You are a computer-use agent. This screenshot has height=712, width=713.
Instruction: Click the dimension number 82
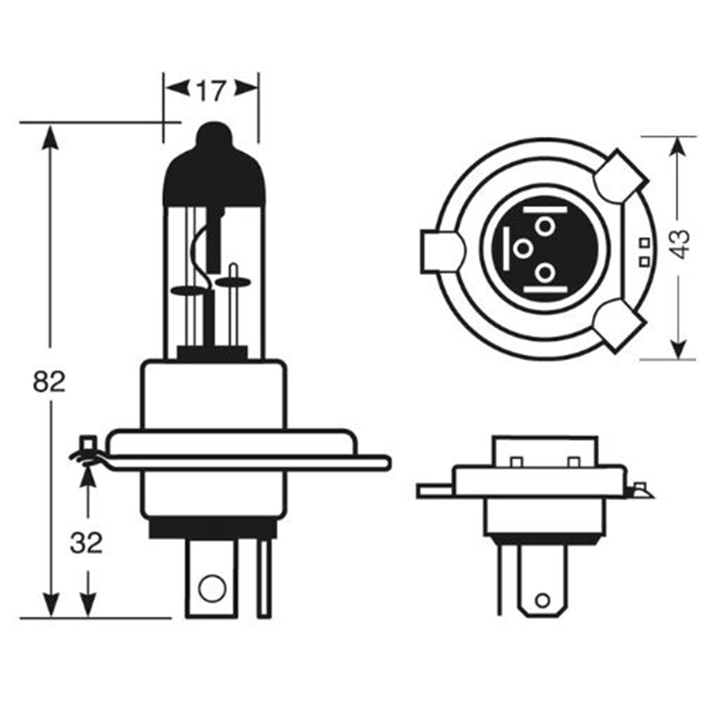point(49,382)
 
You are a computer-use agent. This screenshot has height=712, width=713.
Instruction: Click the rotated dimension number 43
point(680,244)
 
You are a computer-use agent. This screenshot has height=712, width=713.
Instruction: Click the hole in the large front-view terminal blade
point(211,598)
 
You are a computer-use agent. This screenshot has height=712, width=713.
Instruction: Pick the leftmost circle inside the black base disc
point(523,249)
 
